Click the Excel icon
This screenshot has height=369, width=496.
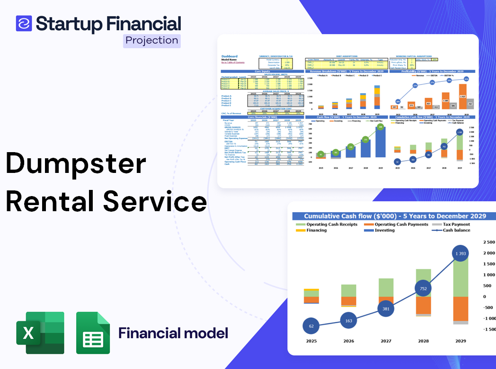pos(40,333)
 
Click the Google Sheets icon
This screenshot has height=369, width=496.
pos(93,333)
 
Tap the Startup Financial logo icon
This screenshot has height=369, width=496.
pos(24,23)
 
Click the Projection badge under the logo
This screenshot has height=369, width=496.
pos(152,40)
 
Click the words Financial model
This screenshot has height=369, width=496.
pos(173,333)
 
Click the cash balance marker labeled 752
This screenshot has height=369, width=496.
pos(423,289)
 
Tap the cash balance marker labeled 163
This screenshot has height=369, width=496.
pos(348,321)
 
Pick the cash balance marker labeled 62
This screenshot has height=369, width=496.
pos(311,326)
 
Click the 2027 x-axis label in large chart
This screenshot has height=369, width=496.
pos(386,341)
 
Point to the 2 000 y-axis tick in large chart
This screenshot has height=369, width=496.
pos(488,253)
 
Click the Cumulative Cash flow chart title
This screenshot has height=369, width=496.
pos(395,216)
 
